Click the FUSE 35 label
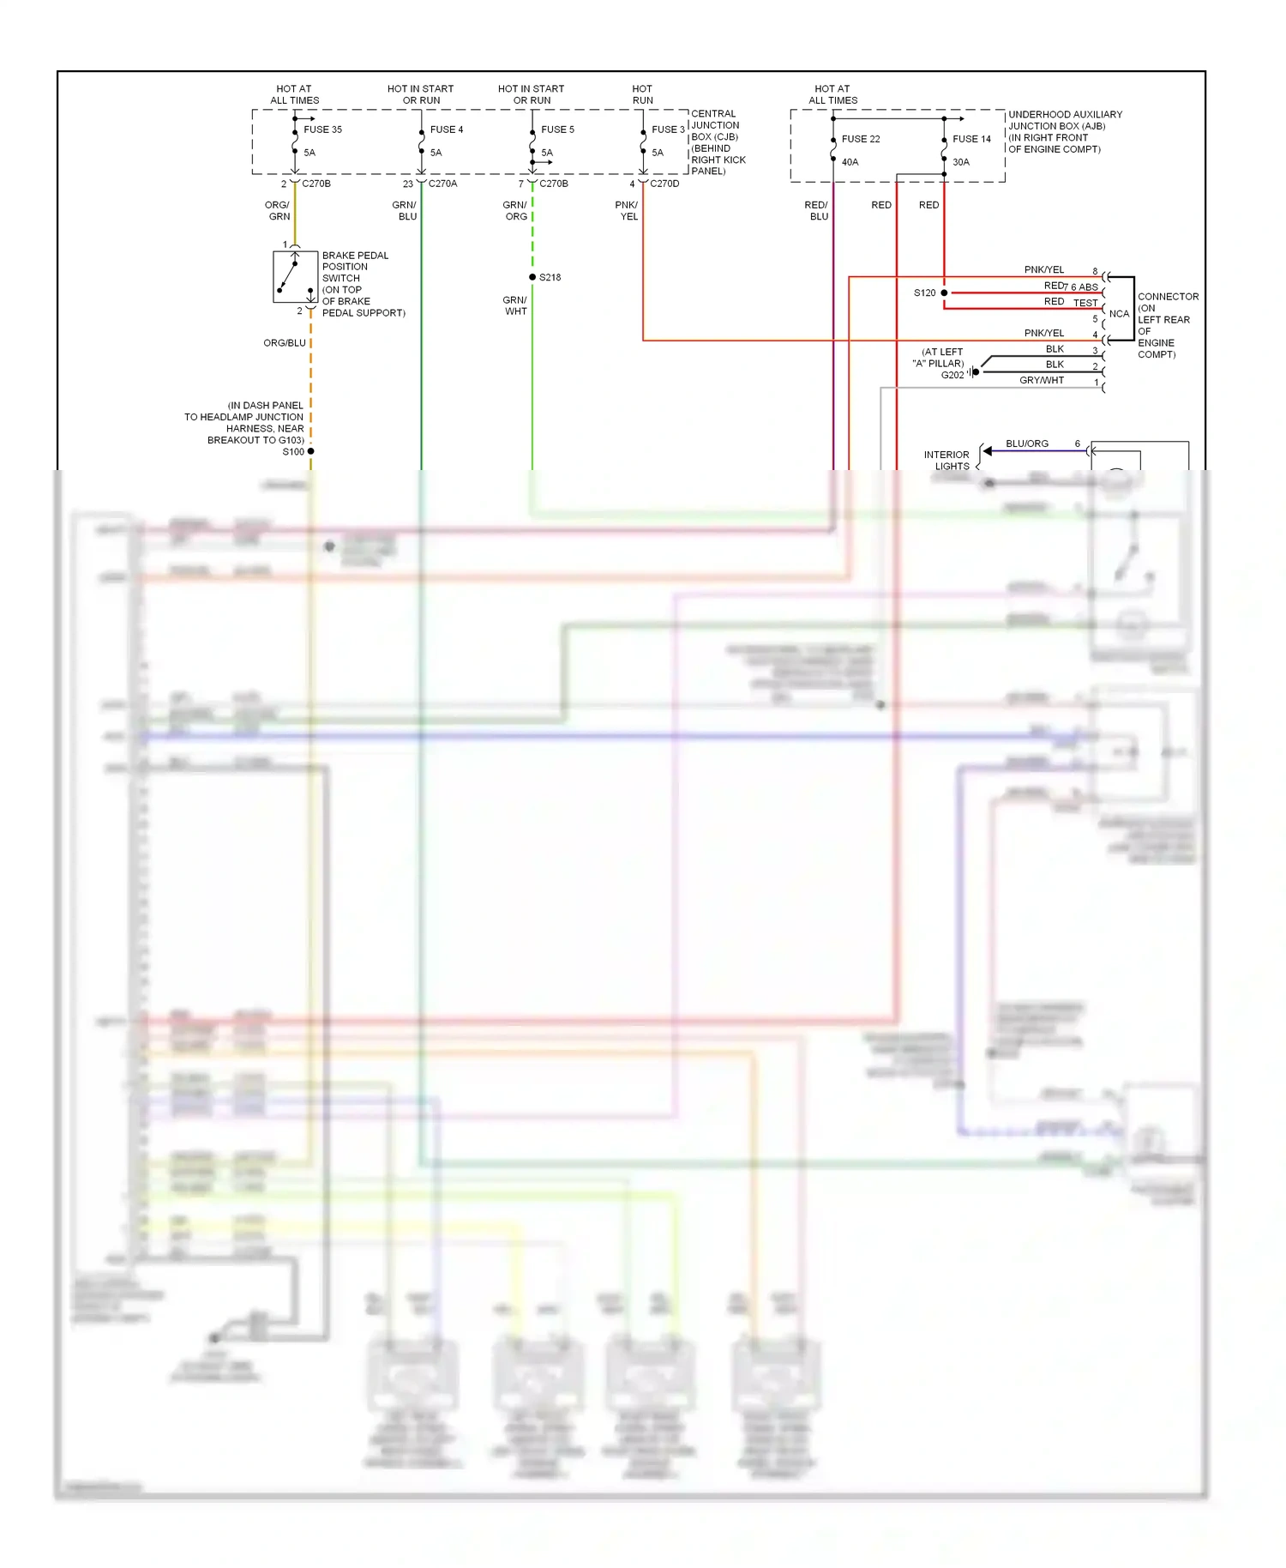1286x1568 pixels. (322, 130)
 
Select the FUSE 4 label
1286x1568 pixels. (446, 130)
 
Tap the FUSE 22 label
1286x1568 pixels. (860, 139)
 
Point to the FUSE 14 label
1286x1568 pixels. (971, 139)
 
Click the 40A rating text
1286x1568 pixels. (850, 162)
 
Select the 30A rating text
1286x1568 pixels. (961, 162)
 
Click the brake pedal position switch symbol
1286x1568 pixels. (294, 277)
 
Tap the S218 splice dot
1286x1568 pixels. (532, 277)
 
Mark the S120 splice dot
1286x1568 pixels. (944, 292)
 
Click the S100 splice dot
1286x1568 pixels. (310, 451)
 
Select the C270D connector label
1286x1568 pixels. (664, 184)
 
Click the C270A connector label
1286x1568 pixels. (442, 184)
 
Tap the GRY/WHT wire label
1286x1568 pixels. (1041, 380)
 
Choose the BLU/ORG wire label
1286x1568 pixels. (1026, 443)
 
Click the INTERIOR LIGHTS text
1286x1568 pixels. (947, 461)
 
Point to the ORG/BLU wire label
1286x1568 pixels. (284, 343)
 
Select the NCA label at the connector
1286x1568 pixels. (1119, 314)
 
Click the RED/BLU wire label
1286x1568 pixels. (816, 211)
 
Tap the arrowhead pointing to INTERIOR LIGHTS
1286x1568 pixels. (988, 451)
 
